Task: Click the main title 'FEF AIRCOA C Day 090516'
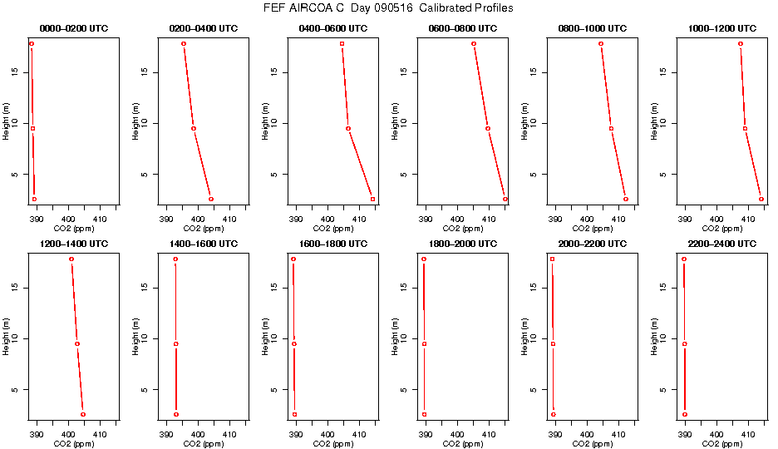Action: pos(388,8)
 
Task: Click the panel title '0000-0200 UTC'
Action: pos(73,28)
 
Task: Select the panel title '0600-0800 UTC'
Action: pos(462,28)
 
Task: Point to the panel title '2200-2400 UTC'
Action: pos(721,244)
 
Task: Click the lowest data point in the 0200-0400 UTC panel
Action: pos(211,199)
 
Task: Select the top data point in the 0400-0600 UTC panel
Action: pos(342,43)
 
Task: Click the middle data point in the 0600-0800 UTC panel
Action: pos(488,128)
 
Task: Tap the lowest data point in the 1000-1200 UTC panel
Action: pos(761,199)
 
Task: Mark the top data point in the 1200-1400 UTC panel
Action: pos(71,259)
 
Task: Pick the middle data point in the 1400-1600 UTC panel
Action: pos(176,343)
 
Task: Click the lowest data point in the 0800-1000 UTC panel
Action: pos(626,199)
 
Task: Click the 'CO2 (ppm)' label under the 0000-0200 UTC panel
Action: pos(73,228)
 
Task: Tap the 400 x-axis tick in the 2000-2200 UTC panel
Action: pos(587,433)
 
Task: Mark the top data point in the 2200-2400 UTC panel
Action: pos(684,259)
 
